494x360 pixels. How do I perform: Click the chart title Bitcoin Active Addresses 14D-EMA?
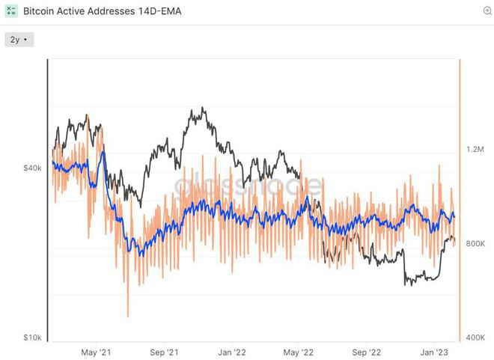pyautogui.click(x=102, y=12)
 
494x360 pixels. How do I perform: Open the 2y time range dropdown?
pyautogui.click(x=19, y=40)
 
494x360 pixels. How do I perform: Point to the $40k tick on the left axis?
pyautogui.click(x=32, y=169)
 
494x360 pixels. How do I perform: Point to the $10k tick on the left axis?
pyautogui.click(x=32, y=338)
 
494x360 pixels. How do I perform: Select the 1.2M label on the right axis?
pyautogui.click(x=476, y=150)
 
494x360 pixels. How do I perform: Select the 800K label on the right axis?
pyautogui.click(x=476, y=244)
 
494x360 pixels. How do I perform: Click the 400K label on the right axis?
pyautogui.click(x=476, y=338)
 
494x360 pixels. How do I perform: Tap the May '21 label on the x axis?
pyautogui.click(x=96, y=352)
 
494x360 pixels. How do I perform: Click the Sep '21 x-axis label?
pyautogui.click(x=164, y=352)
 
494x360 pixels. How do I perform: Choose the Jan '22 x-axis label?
pyautogui.click(x=232, y=352)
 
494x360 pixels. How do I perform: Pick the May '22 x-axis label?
pyautogui.click(x=299, y=352)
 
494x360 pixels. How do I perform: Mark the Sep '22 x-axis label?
pyautogui.click(x=368, y=352)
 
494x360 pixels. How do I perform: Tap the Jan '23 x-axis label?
pyautogui.click(x=435, y=352)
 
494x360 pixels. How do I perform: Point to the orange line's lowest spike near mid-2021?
pyautogui.click(x=128, y=316)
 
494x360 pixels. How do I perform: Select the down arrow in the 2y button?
pyautogui.click(x=26, y=40)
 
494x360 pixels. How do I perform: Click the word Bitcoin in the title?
pyautogui.click(x=38, y=12)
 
